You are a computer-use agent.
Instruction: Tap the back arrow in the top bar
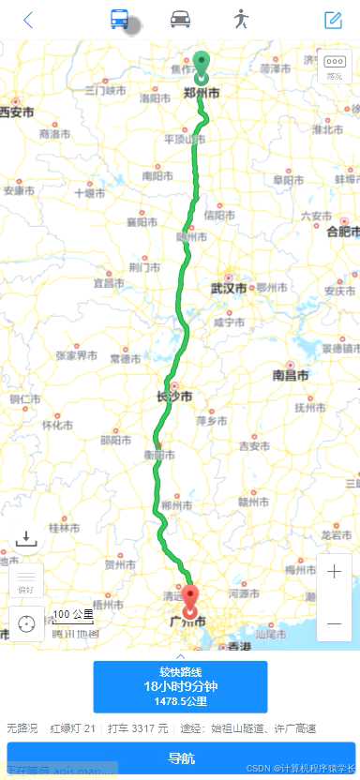pyautogui.click(x=28, y=20)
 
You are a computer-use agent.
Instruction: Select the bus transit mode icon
pyautogui.click(x=120, y=20)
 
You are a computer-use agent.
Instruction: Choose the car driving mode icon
pyautogui.click(x=180, y=20)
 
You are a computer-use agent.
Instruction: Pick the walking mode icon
pyautogui.click(x=241, y=20)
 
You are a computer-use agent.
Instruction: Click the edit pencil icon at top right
pyautogui.click(x=333, y=20)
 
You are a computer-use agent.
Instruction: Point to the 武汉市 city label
pyautogui.click(x=229, y=288)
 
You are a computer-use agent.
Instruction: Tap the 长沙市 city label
pyautogui.click(x=175, y=397)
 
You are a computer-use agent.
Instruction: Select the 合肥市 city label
pyautogui.click(x=344, y=231)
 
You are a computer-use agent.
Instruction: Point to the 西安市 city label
pyautogui.click(x=16, y=112)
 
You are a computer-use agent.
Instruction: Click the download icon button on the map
pyautogui.click(x=26, y=538)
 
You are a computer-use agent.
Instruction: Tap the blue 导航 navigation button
pyautogui.click(x=180, y=758)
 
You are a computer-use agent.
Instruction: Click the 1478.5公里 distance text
pyautogui.click(x=180, y=700)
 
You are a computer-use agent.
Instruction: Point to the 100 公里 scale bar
pyautogui.click(x=73, y=616)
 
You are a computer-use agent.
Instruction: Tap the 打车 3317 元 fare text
pyautogui.click(x=138, y=728)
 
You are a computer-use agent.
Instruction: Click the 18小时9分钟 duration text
pyautogui.click(x=180, y=686)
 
